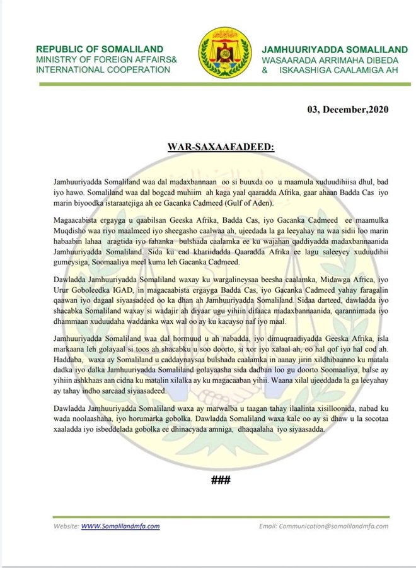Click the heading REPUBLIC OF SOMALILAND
click(100, 49)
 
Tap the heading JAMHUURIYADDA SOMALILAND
click(326, 49)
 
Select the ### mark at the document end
click(221, 480)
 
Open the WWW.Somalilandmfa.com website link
click(120, 526)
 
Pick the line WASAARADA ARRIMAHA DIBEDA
click(325, 59)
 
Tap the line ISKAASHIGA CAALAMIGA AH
click(335, 69)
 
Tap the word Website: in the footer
click(66, 526)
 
